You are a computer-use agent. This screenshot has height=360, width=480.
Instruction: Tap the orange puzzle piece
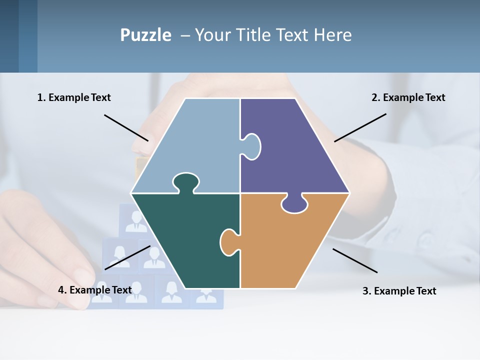[285, 245]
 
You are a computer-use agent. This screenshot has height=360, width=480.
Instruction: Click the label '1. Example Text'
[74, 97]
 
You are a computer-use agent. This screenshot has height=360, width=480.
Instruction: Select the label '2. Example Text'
[408, 97]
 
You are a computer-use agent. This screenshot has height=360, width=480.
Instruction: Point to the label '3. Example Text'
[399, 291]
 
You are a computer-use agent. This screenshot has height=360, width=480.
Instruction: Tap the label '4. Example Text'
[95, 290]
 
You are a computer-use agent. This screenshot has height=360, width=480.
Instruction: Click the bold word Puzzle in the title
[145, 35]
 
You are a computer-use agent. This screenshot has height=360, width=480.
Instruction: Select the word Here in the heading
[332, 35]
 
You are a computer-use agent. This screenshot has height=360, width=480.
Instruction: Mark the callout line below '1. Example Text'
[126, 127]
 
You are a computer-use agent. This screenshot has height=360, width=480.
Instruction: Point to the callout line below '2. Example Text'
[360, 127]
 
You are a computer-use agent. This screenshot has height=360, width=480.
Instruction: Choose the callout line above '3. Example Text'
[355, 260]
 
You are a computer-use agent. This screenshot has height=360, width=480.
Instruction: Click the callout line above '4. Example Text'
[127, 257]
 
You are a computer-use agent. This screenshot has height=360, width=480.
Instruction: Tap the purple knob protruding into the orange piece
[294, 203]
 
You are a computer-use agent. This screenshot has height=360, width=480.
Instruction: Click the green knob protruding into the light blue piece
[185, 182]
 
